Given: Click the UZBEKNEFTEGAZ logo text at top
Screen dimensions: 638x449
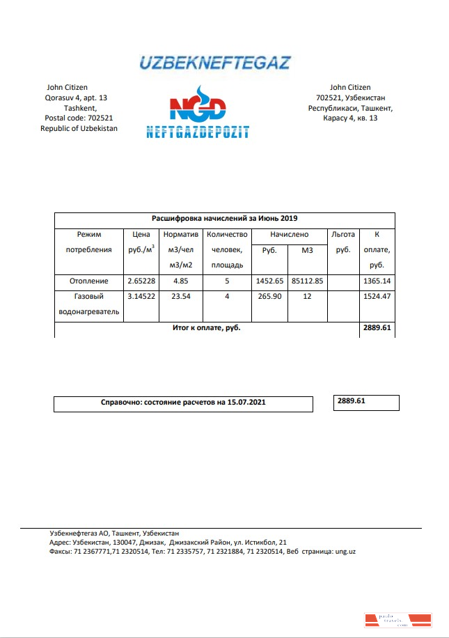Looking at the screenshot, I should [x=215, y=63].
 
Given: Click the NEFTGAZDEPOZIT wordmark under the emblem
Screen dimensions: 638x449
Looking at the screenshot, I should [x=198, y=132].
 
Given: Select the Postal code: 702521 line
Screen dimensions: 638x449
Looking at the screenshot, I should [x=79, y=118].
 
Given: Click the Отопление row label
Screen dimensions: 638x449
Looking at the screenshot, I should [x=89, y=281].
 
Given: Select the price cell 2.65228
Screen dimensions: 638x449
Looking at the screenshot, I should [x=141, y=281].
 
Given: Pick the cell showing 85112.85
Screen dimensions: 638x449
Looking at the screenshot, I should [x=308, y=281].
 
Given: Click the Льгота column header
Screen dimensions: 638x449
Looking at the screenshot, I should [x=343, y=235].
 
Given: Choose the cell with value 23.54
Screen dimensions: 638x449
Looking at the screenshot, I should [x=180, y=298].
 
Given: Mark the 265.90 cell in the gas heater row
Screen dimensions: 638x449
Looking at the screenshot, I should [x=270, y=298].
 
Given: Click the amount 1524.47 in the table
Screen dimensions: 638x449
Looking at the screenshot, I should [x=377, y=298].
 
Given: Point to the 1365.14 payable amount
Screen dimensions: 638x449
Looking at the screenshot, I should [x=377, y=281].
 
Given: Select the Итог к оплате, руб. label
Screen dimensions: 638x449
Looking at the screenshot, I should [x=207, y=327].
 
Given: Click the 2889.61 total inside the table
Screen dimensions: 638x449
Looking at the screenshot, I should [x=377, y=327].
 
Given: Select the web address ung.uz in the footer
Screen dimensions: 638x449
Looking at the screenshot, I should [x=346, y=551].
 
